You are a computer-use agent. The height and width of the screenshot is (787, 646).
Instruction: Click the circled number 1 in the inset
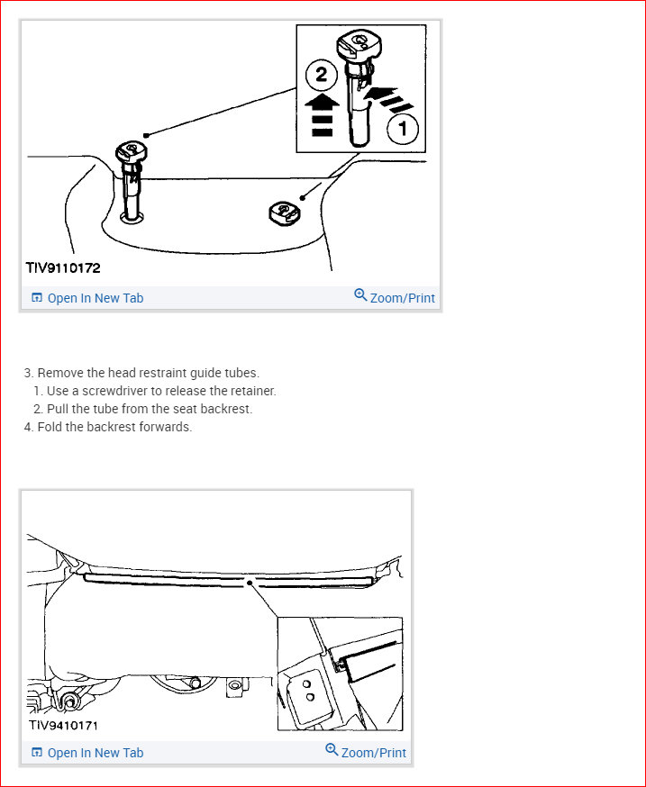coord(402,129)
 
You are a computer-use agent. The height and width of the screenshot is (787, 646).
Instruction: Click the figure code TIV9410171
coord(63,723)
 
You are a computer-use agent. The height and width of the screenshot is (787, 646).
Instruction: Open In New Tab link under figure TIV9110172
coord(95,298)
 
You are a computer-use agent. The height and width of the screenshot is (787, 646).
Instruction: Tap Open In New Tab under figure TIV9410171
coord(95,753)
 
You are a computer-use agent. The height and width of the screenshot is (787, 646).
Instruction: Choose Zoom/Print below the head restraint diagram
coord(402,298)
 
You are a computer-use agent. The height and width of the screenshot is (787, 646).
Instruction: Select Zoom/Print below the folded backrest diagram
coord(373,753)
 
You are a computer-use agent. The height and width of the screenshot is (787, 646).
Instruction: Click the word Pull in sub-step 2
coord(59,409)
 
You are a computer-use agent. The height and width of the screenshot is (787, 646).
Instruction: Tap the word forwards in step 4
coord(166,427)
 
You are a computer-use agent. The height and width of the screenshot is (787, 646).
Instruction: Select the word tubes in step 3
coord(239,373)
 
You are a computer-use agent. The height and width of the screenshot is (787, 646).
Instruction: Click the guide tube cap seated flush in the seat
coord(283,213)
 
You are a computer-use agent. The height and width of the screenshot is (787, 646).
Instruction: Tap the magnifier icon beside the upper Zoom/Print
coord(360,295)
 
